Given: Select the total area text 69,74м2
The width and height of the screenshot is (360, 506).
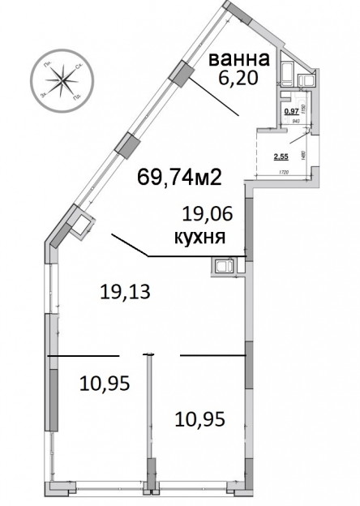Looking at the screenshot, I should click(180, 178).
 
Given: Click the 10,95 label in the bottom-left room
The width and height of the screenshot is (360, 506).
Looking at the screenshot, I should click(105, 381).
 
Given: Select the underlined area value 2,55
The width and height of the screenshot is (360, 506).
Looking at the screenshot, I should click(281, 157).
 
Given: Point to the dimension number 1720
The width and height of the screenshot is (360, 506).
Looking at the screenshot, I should click(284, 174).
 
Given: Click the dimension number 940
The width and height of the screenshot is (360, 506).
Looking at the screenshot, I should click(295, 122).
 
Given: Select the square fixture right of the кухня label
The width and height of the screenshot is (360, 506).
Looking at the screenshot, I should click(223, 266).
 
